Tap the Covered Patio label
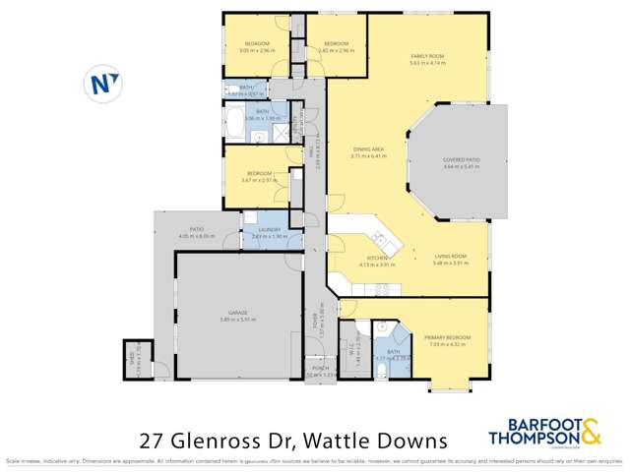point(461,159)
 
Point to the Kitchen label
point(376,258)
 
